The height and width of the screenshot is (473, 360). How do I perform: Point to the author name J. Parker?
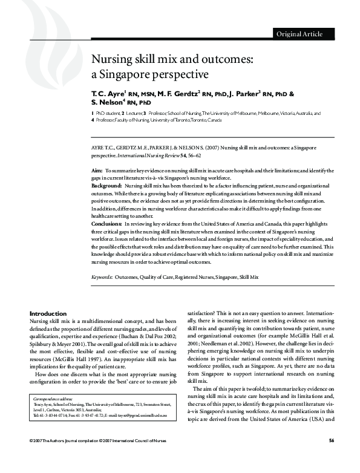tap(246, 94)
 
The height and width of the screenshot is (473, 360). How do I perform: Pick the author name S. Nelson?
tap(110, 103)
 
